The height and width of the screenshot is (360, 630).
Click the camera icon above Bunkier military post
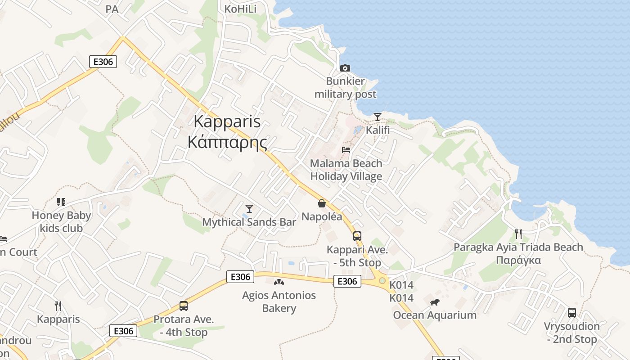click(345, 68)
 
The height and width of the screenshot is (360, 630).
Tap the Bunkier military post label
click(345, 88)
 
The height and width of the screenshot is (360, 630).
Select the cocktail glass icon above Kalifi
click(377, 117)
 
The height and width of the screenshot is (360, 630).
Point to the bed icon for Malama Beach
click(346, 150)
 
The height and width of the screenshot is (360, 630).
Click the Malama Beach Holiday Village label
click(346, 170)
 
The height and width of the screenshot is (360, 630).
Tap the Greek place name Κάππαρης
click(227, 142)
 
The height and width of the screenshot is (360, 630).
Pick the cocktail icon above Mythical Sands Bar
click(249, 208)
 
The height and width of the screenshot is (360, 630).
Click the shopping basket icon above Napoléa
click(322, 203)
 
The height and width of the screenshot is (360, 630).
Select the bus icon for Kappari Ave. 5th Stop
click(357, 236)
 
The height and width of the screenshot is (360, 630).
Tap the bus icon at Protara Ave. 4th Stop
click(183, 306)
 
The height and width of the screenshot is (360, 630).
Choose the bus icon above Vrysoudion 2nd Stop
click(571, 312)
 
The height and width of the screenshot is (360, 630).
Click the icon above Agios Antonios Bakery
click(279, 282)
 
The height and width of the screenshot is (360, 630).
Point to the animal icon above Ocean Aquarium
click(434, 302)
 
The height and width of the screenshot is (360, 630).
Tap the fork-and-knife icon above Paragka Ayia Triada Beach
click(518, 234)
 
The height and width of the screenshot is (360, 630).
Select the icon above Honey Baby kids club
click(61, 202)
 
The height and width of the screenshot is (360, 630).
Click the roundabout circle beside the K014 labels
click(382, 281)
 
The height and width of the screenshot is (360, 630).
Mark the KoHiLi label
click(240, 9)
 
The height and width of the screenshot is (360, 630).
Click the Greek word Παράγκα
click(518, 260)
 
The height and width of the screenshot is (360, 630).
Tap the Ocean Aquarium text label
click(435, 315)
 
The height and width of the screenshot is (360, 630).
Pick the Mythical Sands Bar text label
click(249, 222)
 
